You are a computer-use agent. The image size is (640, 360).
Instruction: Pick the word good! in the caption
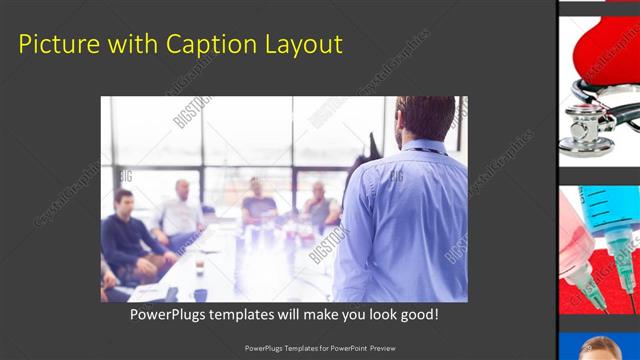tap(416, 314)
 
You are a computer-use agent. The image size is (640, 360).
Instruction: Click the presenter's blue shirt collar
tap(420, 147)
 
